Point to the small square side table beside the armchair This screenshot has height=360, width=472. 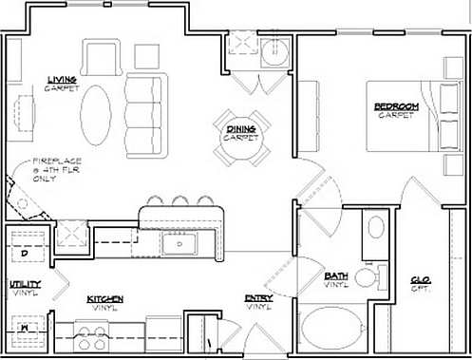[146, 55]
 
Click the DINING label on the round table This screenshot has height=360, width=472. [240, 131]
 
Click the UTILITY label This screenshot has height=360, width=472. [24, 286]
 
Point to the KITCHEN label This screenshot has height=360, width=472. [105, 301]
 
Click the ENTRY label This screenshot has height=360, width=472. [257, 301]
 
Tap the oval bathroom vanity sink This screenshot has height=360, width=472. [376, 228]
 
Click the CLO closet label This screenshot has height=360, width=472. [419, 282]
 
